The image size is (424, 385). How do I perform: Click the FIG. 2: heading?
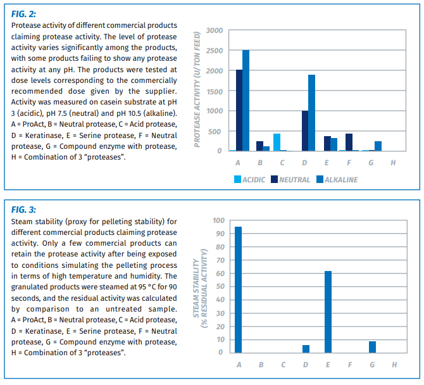tap(23, 14)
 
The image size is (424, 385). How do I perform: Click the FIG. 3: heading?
tap(23, 210)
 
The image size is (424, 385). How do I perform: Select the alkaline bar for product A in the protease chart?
tap(246, 101)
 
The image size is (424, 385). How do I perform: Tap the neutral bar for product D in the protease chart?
tap(305, 130)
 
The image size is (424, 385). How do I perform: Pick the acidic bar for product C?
tap(277, 142)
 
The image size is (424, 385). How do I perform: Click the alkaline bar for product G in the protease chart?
tap(378, 146)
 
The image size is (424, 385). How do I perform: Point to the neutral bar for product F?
tap(349, 142)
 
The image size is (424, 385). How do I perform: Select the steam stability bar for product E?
tap(328, 312)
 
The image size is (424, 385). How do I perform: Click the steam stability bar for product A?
tap(238, 290)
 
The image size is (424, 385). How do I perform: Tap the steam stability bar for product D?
tap(306, 349)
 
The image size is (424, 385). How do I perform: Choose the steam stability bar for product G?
tap(372, 347)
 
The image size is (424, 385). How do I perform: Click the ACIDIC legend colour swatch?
tap(237, 179)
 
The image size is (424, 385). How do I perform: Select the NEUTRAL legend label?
tap(294, 180)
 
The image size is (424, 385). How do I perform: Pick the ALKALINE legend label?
tap(341, 180)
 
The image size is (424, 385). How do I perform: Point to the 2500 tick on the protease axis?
tap(215, 51)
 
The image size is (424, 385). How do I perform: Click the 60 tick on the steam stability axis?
tap(220, 274)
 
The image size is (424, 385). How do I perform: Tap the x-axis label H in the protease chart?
tap(393, 163)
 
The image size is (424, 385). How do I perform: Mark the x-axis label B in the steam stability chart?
tap(261, 365)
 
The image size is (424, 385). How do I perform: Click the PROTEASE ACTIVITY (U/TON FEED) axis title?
tap(197, 89)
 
